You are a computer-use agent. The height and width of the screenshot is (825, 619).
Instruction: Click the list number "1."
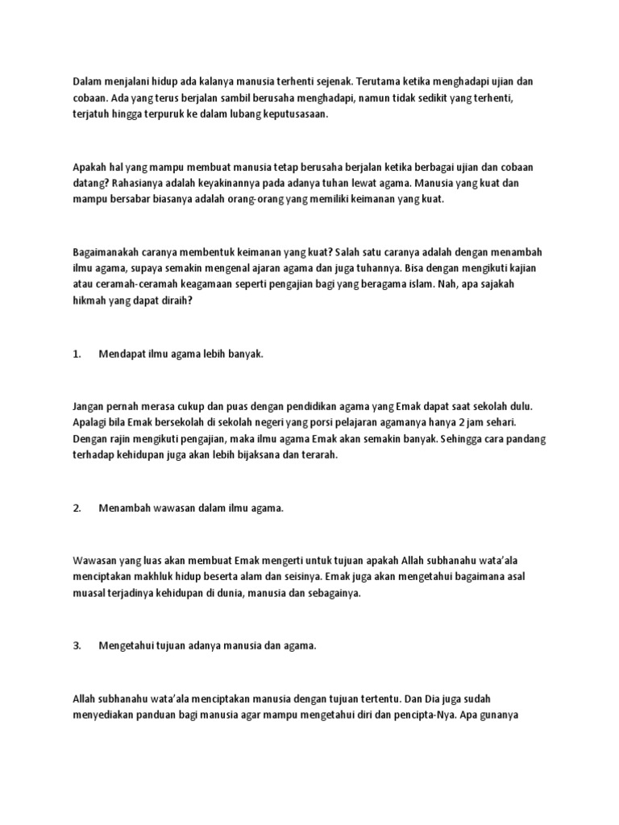[77, 353]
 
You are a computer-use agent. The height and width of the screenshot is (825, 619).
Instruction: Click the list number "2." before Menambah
[77, 508]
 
